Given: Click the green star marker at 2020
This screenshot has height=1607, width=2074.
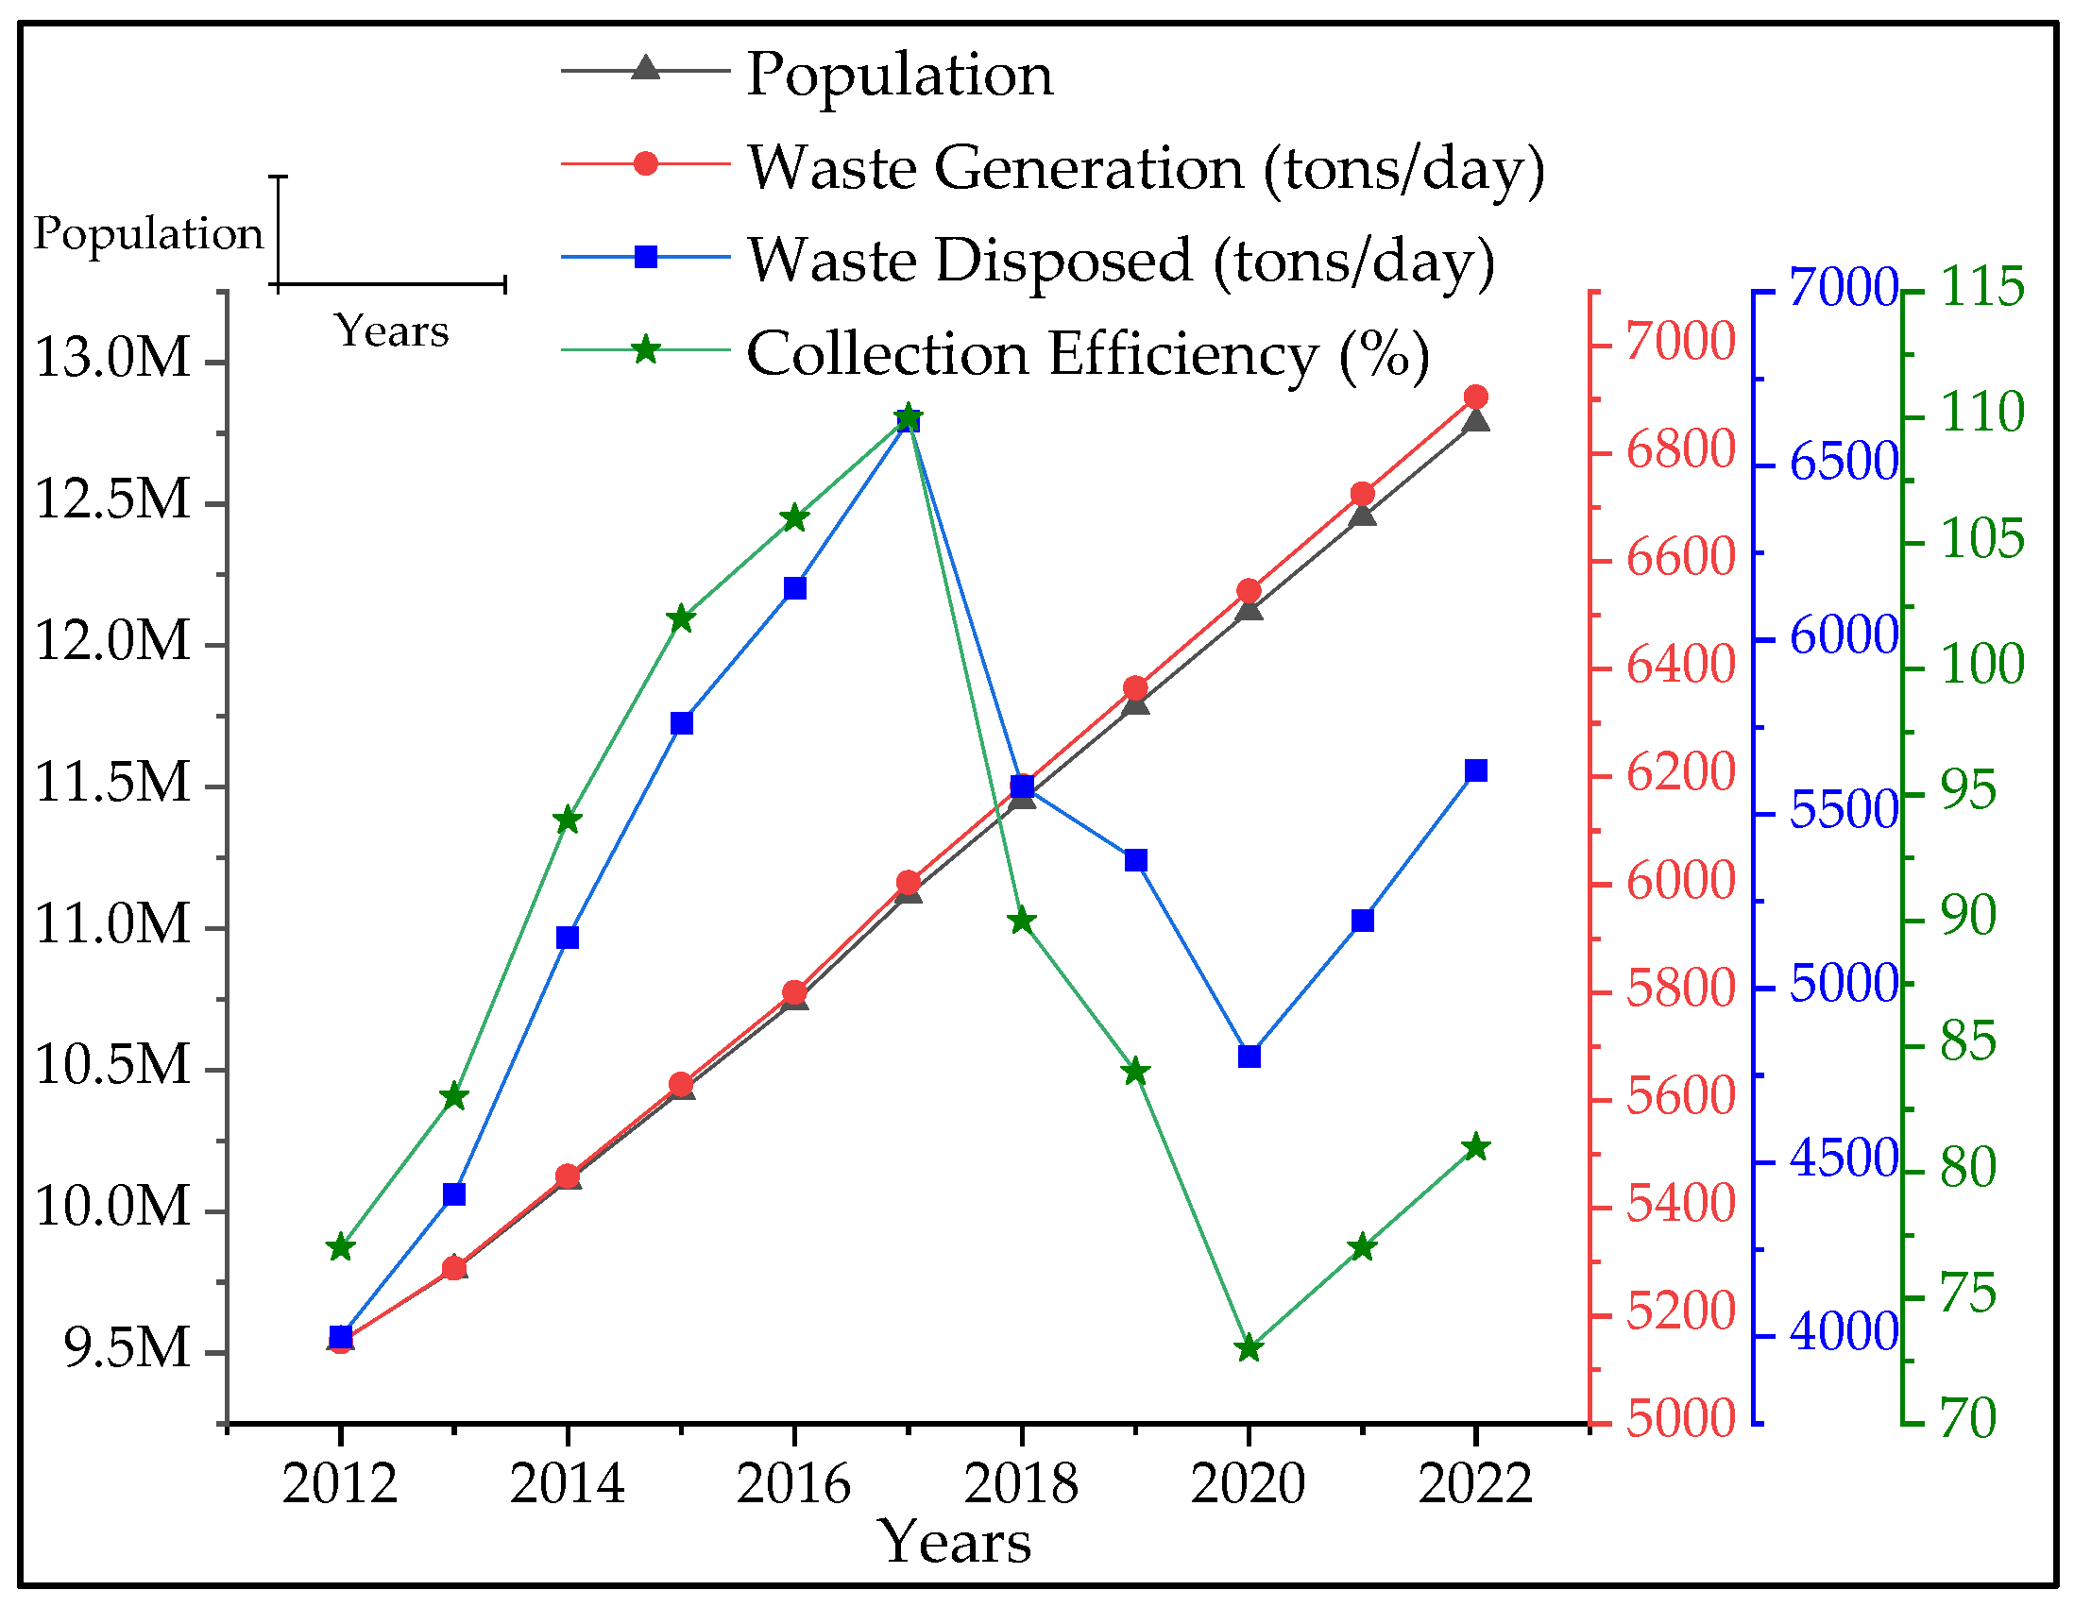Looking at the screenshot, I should (x=1249, y=1349).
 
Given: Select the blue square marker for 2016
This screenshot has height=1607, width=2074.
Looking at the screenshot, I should (x=795, y=588).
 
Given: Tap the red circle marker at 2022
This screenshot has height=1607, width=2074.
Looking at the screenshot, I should (x=1475, y=397).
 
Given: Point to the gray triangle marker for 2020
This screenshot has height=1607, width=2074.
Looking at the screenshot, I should (x=1249, y=608).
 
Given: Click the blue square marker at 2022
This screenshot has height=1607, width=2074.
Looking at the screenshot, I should (x=1475, y=770).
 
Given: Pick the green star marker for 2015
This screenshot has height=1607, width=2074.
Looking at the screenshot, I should (x=681, y=619).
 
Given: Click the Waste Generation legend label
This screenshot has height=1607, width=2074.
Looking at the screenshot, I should (x=1147, y=167).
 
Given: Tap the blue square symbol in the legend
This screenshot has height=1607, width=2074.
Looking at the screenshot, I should (x=646, y=257).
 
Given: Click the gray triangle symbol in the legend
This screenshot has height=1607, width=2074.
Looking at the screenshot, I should (x=646, y=68).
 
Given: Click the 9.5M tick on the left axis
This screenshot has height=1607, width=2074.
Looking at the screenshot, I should (x=127, y=1349).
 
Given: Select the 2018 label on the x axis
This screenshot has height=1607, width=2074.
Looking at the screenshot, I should (x=1021, y=1483).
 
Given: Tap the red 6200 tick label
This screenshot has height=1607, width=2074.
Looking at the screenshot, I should (x=1680, y=773).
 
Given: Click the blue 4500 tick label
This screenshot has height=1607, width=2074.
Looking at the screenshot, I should (x=1844, y=1159).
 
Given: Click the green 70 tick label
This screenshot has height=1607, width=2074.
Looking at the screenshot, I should (x=1967, y=1419).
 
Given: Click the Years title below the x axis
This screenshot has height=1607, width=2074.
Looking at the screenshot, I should (x=957, y=1543).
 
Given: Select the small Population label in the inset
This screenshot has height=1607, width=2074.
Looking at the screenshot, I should (x=148, y=233).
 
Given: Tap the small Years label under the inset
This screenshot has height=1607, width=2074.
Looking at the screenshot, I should (x=391, y=331).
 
